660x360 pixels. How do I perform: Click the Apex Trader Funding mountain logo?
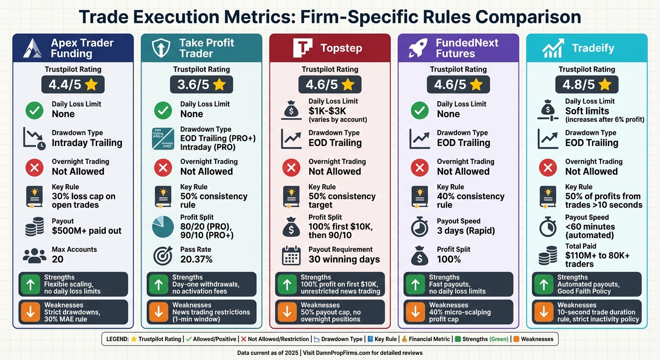tap(32, 48)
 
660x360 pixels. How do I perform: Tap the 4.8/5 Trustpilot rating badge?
tap(587, 85)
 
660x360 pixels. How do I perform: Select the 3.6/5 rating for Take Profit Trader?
tap(202, 85)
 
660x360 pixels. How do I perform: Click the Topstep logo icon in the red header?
tap(302, 48)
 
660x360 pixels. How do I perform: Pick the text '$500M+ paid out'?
tap(87, 231)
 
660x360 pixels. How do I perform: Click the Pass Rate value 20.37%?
tap(196, 259)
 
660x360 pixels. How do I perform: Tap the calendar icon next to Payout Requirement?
tap(291, 255)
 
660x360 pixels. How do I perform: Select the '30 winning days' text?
tap(344, 259)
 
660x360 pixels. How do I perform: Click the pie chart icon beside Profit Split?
tap(163, 227)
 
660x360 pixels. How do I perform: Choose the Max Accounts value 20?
tap(58, 259)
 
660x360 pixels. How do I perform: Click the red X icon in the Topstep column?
tap(291, 167)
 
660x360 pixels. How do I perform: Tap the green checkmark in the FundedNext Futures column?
tap(420, 111)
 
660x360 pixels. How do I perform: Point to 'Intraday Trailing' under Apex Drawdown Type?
tap(87, 143)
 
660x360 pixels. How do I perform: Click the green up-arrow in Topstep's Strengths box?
tap(287, 285)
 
